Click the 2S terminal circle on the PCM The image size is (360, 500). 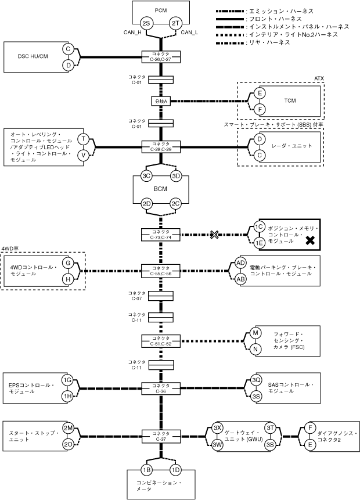146,24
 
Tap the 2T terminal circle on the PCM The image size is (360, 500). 175,24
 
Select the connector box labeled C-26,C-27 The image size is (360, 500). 161,57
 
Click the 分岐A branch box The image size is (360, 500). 161,101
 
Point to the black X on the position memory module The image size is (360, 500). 310,240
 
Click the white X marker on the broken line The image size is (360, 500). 214,235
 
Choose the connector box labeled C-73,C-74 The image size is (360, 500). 161,235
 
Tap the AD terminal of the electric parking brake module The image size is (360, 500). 240,262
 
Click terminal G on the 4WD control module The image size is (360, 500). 68,263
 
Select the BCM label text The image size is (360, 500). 160,189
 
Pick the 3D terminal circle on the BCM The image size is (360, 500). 176,176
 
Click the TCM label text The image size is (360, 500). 290,100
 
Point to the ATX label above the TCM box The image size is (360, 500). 319,78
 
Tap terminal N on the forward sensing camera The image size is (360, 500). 255,349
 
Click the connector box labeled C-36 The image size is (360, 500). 161,389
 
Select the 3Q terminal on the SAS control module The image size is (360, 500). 256,380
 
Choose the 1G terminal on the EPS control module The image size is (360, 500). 67,380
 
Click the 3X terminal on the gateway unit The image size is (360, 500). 217,428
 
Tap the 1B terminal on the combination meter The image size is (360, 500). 146,470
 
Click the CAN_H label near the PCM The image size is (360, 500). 132,33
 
